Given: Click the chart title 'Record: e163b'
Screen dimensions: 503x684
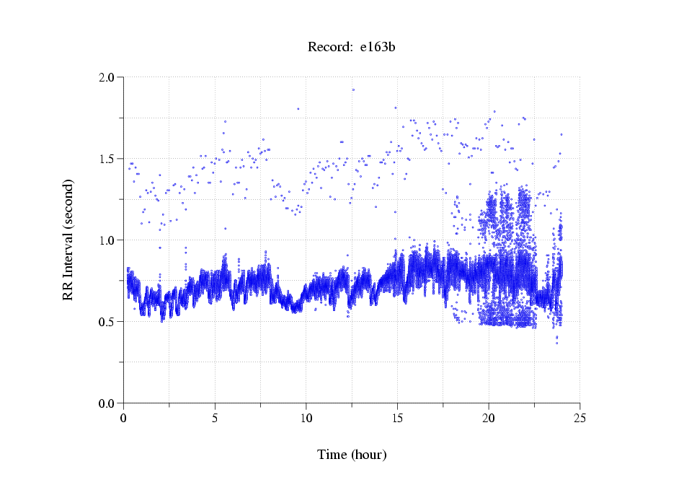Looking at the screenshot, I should [x=351, y=48].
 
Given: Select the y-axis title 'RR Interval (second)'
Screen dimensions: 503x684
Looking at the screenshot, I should [x=68, y=240].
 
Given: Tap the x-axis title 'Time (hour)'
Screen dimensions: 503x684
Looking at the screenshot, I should [x=352, y=455].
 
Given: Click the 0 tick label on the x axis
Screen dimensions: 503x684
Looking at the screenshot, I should [x=124, y=417].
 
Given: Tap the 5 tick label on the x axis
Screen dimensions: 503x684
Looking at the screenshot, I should [x=215, y=417].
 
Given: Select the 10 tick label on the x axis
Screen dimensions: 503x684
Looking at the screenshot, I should [x=306, y=417].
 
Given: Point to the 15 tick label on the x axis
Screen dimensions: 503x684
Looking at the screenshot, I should [x=397, y=417].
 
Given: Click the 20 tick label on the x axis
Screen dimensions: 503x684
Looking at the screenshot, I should [x=489, y=417].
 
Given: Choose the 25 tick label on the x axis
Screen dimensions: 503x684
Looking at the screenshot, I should [x=579, y=417].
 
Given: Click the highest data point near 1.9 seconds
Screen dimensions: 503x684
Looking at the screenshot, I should [x=353, y=89].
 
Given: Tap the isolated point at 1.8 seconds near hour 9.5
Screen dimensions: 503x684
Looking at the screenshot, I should [x=298, y=109].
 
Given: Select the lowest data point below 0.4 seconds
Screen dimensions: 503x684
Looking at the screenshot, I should [x=556, y=343].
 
